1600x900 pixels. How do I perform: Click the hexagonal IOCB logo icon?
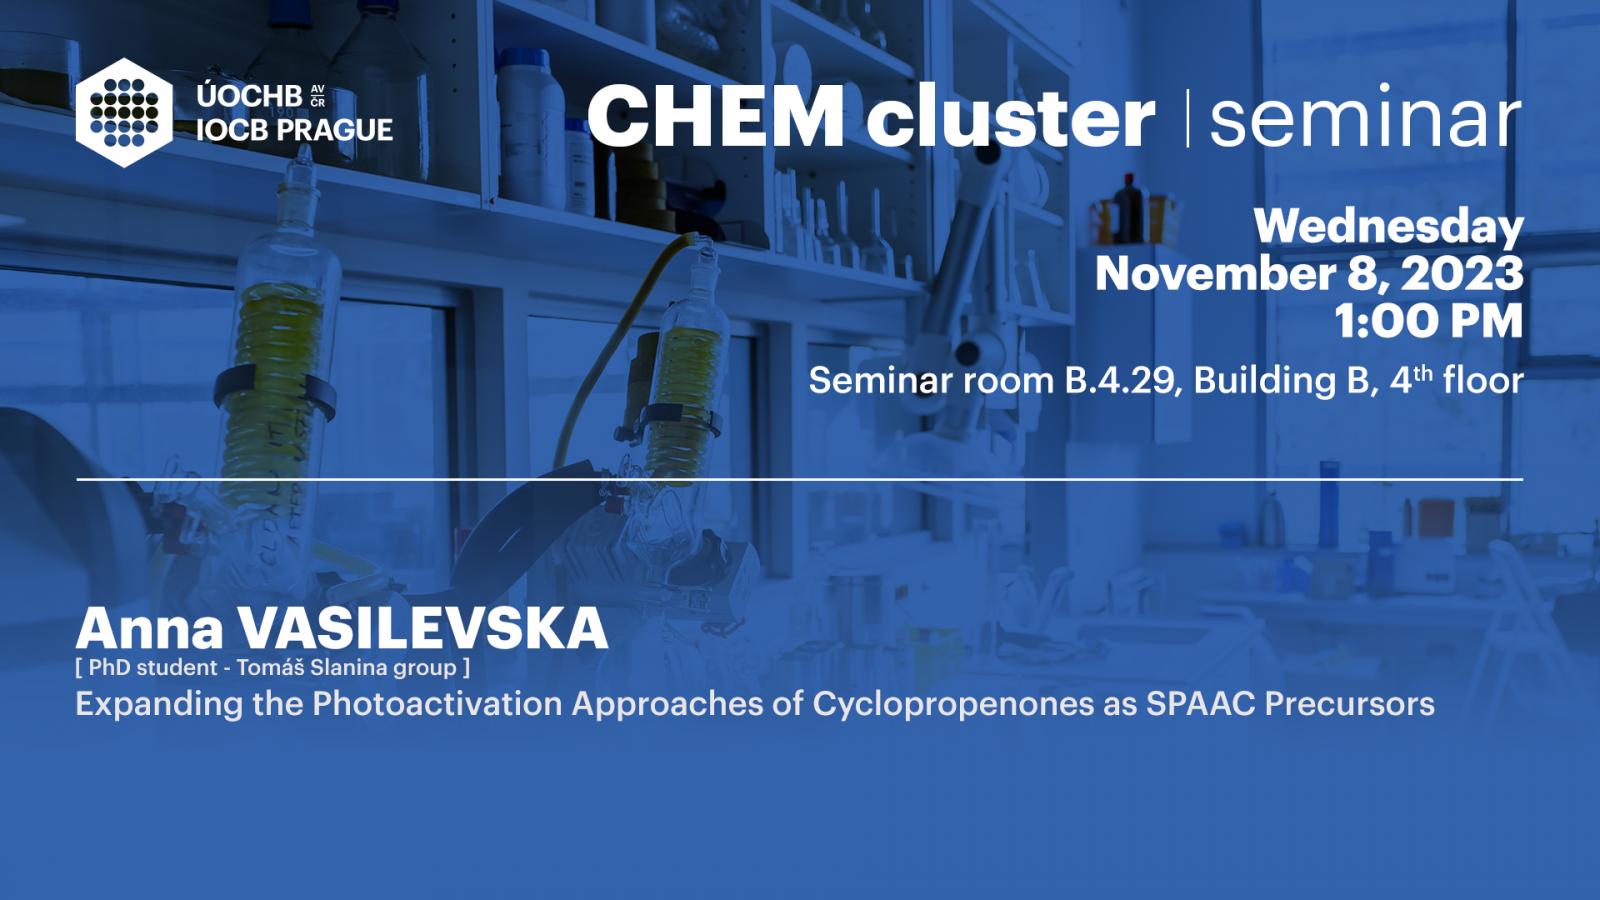point(124,113)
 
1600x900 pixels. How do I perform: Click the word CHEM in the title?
point(716,116)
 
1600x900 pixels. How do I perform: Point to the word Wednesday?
point(1389,228)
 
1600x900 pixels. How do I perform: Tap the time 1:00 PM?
point(1428,321)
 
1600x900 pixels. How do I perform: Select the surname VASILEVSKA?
point(423,629)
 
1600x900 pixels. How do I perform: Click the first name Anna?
point(150,629)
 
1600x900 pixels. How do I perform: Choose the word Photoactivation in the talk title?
point(437,704)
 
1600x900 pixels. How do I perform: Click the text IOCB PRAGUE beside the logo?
point(294,130)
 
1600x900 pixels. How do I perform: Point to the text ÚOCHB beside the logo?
point(249,96)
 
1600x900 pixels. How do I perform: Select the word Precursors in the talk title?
point(1349,704)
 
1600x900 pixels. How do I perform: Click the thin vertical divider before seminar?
point(1187,118)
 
